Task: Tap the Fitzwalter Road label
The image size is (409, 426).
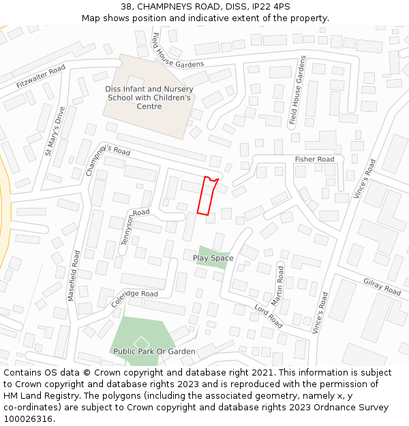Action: point(41,76)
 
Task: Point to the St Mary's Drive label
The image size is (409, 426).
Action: point(55,131)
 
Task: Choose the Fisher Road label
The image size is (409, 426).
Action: point(314,159)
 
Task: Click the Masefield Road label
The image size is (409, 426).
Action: point(74,275)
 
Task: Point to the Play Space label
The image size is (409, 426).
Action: point(213,258)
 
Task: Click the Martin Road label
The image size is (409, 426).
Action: point(278,285)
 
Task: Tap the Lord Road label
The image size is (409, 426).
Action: point(268,316)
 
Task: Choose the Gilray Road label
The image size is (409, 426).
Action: point(382,286)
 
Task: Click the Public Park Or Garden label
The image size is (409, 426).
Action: point(154,352)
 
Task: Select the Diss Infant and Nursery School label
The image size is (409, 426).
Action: point(149,97)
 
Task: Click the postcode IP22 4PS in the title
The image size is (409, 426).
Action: point(271,6)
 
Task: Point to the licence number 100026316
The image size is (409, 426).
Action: point(28,419)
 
